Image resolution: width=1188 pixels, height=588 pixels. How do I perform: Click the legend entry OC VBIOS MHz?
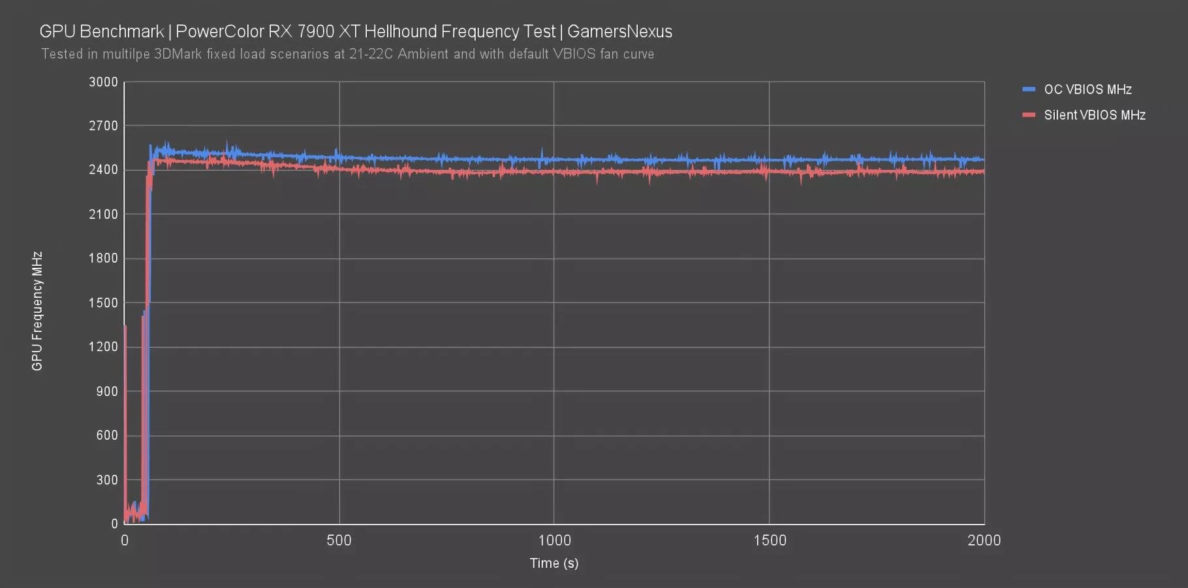coord(1087,90)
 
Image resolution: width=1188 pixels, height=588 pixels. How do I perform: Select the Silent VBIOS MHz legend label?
coord(1095,115)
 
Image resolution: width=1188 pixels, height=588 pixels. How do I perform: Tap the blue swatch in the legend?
coord(1029,90)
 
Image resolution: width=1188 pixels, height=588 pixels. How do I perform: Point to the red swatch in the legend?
coord(1029,115)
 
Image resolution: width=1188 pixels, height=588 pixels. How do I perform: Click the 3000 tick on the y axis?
coord(103,82)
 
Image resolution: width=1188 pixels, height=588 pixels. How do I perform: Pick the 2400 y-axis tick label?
coord(103,170)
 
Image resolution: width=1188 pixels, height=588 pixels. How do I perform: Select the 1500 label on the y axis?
coord(103,303)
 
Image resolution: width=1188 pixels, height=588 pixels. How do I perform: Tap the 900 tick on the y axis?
coord(107,391)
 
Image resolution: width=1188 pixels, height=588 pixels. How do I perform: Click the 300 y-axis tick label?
coord(107,480)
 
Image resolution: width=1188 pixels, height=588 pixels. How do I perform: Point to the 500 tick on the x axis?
coord(339,540)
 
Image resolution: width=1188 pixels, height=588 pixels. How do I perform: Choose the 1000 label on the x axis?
coord(554,540)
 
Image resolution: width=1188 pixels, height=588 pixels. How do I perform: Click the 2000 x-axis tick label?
coord(984,540)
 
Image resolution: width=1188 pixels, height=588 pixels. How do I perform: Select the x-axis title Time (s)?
coord(554,563)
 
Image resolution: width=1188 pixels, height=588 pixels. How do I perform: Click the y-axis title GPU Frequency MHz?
coord(37,311)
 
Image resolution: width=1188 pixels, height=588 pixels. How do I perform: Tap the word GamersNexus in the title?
coord(619,31)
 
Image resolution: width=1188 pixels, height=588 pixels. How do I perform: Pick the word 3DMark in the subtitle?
coord(178,54)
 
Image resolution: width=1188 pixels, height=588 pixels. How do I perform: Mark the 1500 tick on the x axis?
coord(770,540)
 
